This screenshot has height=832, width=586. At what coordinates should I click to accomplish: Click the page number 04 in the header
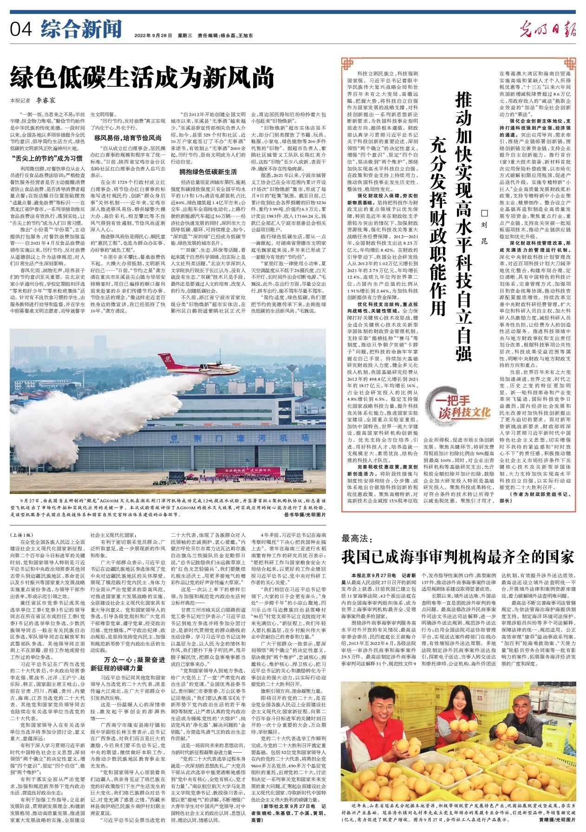click(x=21, y=30)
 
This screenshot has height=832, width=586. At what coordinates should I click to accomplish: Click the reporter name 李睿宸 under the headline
click(x=46, y=100)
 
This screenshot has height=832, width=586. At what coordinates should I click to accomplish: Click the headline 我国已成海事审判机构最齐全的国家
click(x=458, y=557)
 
